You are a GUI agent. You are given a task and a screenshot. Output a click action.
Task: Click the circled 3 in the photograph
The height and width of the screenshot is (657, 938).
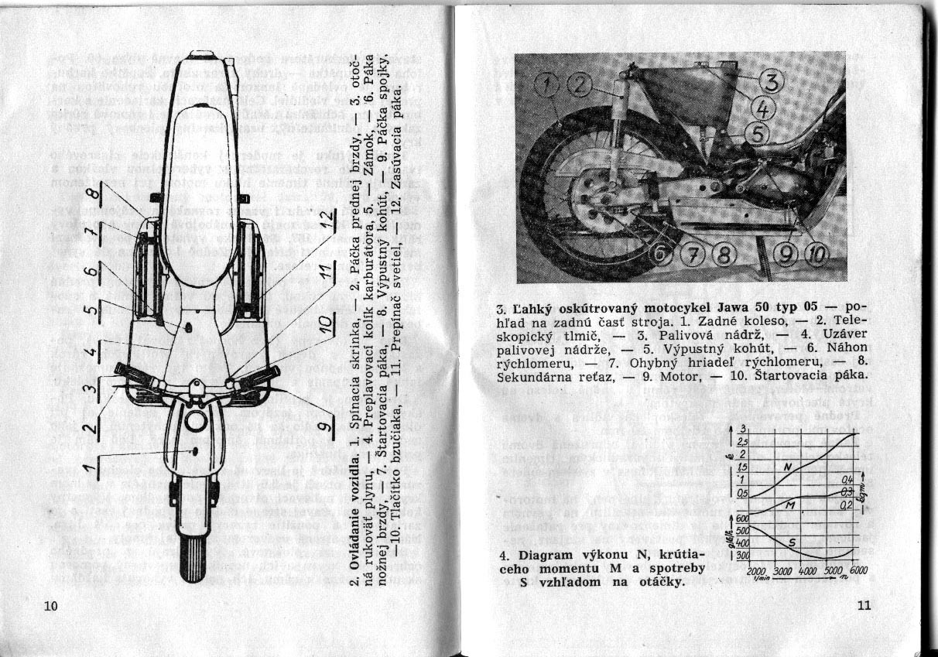pyautogui.click(x=772, y=80)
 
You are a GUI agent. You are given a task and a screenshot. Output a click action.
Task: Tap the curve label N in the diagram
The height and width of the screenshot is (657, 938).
pyautogui.click(x=787, y=467)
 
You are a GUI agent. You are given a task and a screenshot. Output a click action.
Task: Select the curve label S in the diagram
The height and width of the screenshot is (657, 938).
pyautogui.click(x=791, y=542)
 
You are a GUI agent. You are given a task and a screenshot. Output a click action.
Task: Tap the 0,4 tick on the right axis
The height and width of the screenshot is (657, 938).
pyautogui.click(x=847, y=480)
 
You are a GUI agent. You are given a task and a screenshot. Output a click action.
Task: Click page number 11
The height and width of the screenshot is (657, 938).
pyautogui.click(x=864, y=606)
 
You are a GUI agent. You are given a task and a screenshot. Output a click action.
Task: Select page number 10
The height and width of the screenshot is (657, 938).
pyautogui.click(x=51, y=605)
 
